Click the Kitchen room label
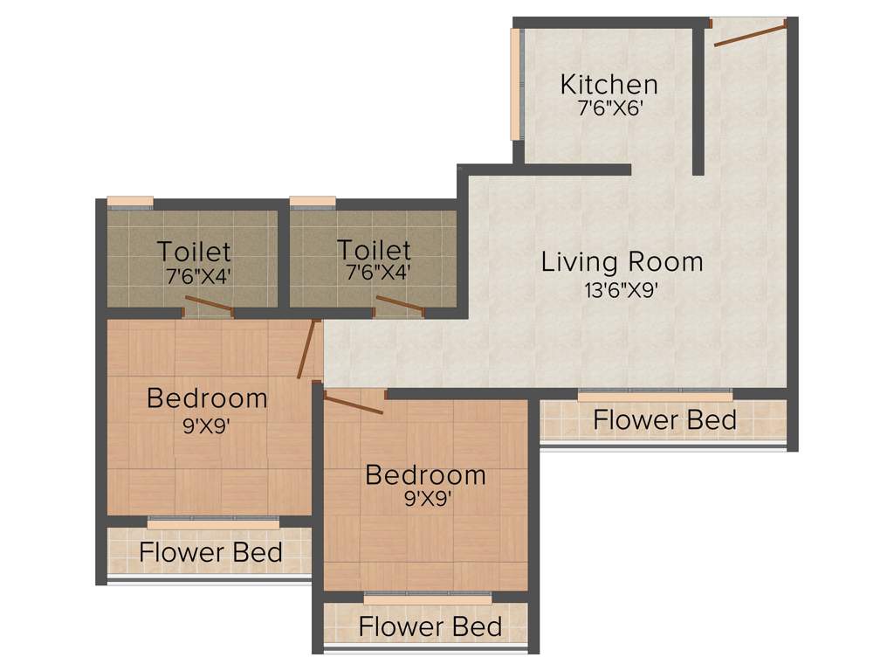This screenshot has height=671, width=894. tap(609, 85)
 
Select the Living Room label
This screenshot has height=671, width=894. tap(622, 261)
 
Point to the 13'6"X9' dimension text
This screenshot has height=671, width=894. tap(621, 290)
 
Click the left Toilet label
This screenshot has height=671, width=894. tap(194, 252)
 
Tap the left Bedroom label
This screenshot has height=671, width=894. tap(207, 398)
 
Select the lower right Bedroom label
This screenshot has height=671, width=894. tap(425, 475)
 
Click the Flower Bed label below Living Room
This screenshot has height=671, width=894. tap(664, 420)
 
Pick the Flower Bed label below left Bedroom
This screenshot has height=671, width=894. tap(210, 552)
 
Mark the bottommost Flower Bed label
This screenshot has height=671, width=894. tap(430, 626)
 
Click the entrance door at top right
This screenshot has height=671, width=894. tap(749, 33)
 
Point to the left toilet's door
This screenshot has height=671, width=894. tap(210, 306)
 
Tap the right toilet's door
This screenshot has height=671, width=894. tap(399, 305)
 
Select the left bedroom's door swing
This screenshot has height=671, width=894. tap(306, 349)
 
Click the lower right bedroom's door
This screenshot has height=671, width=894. tap(354, 404)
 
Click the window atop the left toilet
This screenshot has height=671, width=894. tap(130, 203)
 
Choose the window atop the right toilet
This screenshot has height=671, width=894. tap(313, 203)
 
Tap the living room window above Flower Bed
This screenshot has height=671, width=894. tap(655, 395)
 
